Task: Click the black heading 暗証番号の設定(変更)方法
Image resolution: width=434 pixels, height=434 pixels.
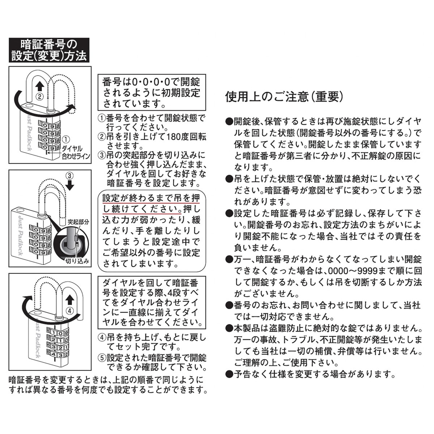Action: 48,50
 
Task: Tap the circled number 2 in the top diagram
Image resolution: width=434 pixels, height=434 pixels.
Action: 40,97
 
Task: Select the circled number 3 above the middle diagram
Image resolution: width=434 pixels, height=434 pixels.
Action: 70,175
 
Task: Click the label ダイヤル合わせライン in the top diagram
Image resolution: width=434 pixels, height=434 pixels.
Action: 72,153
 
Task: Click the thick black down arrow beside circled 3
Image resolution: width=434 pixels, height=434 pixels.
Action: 71,185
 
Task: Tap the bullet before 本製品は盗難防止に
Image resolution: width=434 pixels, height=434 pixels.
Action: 229,328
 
